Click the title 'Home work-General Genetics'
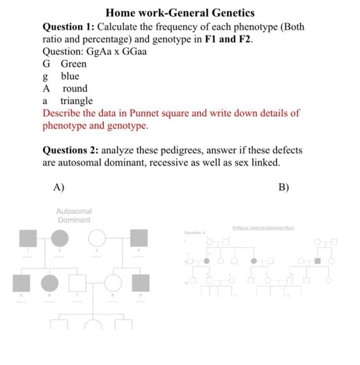click(180, 12)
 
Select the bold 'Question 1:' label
click(68, 27)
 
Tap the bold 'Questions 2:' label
click(70, 151)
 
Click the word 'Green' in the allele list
click(74, 64)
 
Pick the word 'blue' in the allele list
click(70, 76)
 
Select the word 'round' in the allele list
click(75, 89)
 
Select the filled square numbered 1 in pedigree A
click(28, 238)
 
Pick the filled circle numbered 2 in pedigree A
click(59, 238)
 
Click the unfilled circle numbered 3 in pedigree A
click(96, 238)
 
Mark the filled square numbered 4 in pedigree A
click(139, 238)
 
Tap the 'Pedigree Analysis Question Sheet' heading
click(263, 228)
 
